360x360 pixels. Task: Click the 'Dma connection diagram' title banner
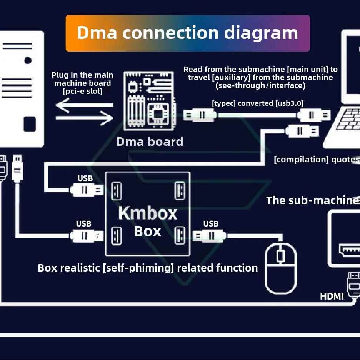coord(187,33)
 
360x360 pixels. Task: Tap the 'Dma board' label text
coord(150,142)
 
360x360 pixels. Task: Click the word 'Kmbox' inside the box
coord(148,213)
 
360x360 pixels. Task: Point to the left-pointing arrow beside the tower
coord(84,105)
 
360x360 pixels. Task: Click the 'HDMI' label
coord(332,296)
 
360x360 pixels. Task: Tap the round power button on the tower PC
coord(28,60)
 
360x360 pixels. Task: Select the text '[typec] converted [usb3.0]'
coord(257,103)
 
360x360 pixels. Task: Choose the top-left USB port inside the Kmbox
coord(116,190)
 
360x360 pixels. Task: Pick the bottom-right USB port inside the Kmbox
coord(180,235)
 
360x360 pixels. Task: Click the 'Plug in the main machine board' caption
coord(82,83)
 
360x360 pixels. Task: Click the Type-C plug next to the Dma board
coord(200,115)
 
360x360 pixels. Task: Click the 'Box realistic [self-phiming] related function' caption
coord(148,268)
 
